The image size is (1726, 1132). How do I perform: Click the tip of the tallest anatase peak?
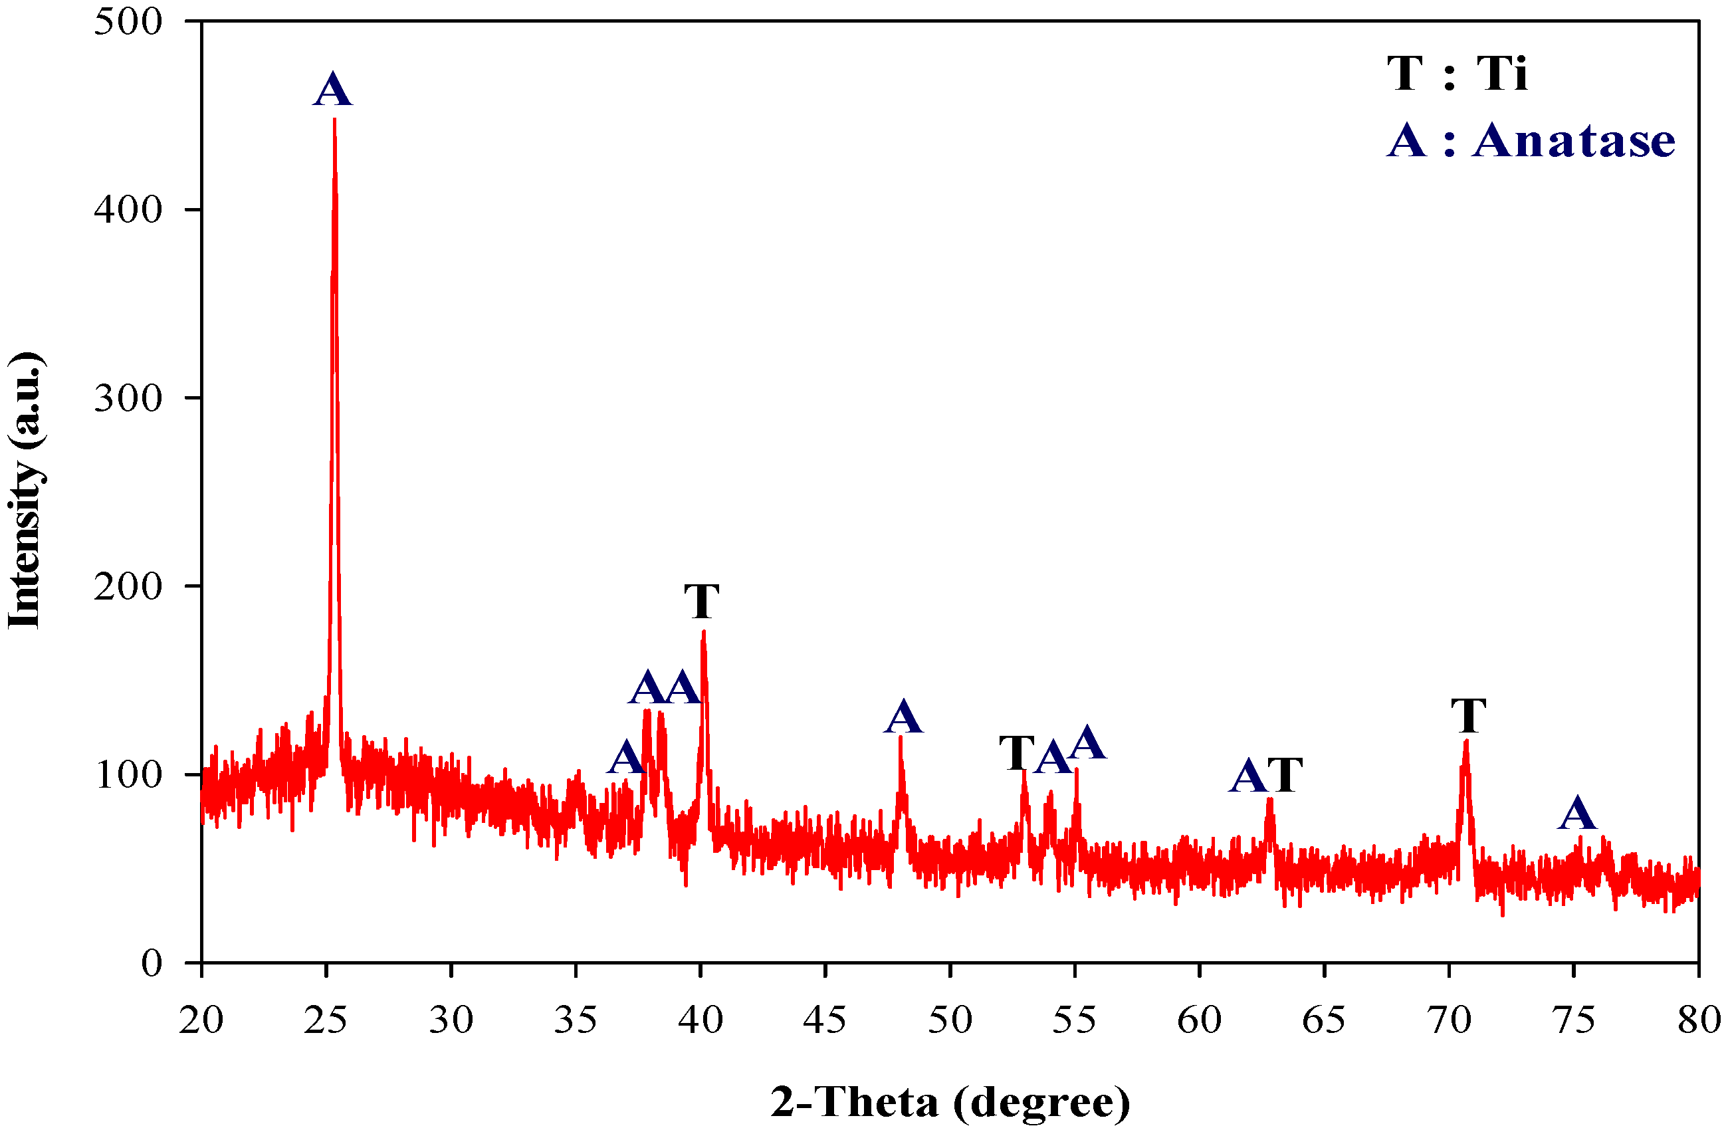click(x=334, y=120)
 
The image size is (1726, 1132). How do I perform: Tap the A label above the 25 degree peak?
click(x=333, y=90)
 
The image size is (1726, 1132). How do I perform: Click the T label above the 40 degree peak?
click(x=702, y=601)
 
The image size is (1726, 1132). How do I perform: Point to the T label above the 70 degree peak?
click(x=1469, y=716)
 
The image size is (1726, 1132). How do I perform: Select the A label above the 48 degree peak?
click(x=903, y=717)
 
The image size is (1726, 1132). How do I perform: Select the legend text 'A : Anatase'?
click(x=1531, y=140)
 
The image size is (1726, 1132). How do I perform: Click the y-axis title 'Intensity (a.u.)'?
click(x=25, y=491)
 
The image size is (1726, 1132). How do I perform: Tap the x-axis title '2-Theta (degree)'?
click(x=950, y=1102)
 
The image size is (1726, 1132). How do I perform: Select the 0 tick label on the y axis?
click(x=152, y=963)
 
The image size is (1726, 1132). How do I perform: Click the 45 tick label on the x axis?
click(x=825, y=1020)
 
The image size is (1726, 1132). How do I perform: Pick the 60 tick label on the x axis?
click(x=1200, y=1020)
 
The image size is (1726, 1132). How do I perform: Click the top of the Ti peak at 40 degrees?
click(x=703, y=633)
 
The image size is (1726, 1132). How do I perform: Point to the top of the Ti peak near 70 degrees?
click(x=1465, y=742)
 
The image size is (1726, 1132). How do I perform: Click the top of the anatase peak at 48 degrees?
click(x=900, y=738)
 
